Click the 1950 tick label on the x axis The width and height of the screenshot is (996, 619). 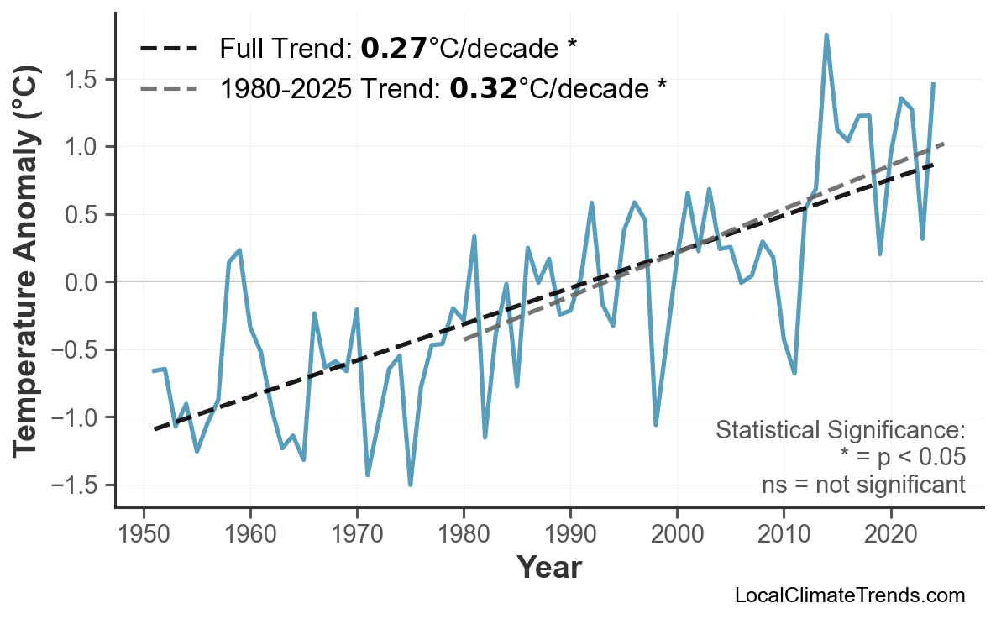(x=144, y=534)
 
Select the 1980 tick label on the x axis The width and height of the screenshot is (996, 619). (x=464, y=534)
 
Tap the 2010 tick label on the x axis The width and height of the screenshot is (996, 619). (x=784, y=534)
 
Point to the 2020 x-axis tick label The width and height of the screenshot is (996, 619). (x=890, y=534)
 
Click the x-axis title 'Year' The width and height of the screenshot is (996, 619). (x=548, y=568)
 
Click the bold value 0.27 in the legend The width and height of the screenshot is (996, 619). (x=393, y=49)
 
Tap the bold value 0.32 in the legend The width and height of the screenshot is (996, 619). (x=483, y=87)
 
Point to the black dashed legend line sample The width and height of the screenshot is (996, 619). (x=168, y=49)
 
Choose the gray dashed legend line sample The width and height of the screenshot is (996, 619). (x=168, y=87)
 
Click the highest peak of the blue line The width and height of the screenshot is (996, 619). (x=826, y=35)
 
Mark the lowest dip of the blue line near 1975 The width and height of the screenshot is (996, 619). (x=410, y=485)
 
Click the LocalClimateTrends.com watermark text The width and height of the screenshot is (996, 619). (x=849, y=595)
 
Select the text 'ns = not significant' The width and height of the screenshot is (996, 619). (x=863, y=485)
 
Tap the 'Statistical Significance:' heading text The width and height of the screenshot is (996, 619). (x=840, y=431)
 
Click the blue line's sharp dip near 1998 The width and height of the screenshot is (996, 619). (x=656, y=424)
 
